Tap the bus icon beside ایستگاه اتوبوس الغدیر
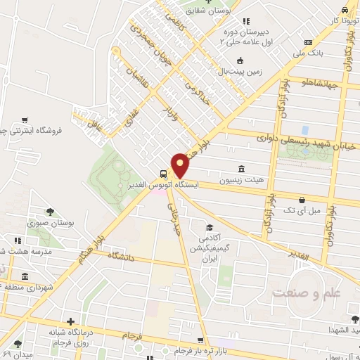[163, 174]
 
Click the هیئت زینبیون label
[242, 180]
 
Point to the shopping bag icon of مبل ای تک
[302, 200]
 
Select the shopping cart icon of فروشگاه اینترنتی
[25, 120]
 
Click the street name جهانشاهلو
[320, 84]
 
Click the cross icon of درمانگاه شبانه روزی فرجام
[69, 321]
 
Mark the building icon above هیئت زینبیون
[242, 169]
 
